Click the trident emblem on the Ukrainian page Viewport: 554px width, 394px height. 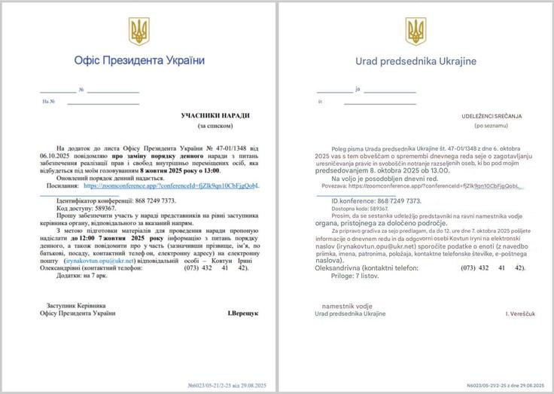(x=139, y=32)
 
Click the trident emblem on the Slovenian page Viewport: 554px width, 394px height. (x=415, y=32)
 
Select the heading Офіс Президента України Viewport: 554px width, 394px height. (x=139, y=60)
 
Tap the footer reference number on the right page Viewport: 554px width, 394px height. (x=506, y=384)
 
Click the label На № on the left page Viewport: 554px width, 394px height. (x=50, y=101)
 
